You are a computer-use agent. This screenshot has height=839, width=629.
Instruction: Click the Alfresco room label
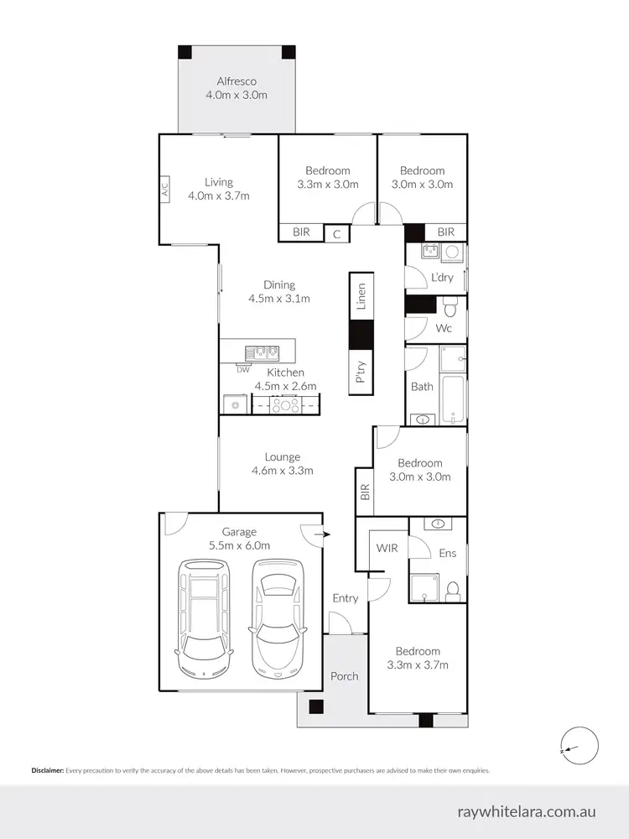(237, 81)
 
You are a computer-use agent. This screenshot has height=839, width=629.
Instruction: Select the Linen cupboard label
(361, 298)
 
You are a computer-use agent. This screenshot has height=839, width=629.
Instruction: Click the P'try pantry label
(361, 371)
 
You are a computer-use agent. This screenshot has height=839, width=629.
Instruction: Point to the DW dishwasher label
(243, 369)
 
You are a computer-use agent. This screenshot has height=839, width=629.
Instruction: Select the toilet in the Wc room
(450, 305)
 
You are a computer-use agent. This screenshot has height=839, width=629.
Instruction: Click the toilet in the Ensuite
(452, 590)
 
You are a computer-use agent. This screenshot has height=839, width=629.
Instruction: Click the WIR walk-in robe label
(387, 548)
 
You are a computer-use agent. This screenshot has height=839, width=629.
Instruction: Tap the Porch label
(344, 676)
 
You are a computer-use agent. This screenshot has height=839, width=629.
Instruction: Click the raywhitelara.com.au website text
(527, 811)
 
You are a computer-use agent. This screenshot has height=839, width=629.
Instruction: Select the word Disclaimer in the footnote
(47, 770)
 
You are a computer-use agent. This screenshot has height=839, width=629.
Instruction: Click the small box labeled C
(336, 232)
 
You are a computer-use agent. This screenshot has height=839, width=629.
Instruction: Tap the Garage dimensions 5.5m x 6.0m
(239, 545)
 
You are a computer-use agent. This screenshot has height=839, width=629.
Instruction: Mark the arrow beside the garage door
(326, 534)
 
